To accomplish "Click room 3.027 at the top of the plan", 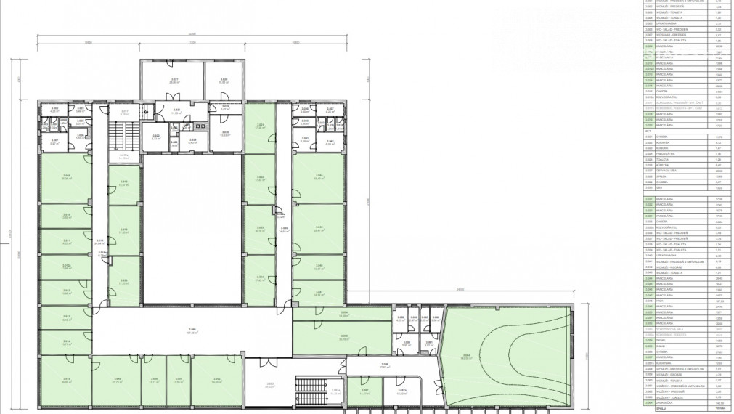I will tap(174, 81).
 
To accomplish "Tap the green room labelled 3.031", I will tap(260, 127).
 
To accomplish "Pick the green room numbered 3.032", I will tap(260, 180).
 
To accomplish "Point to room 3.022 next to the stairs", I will tap(156, 136).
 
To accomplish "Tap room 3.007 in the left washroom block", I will tap(54, 142).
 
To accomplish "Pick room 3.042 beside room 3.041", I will tap(330, 142).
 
